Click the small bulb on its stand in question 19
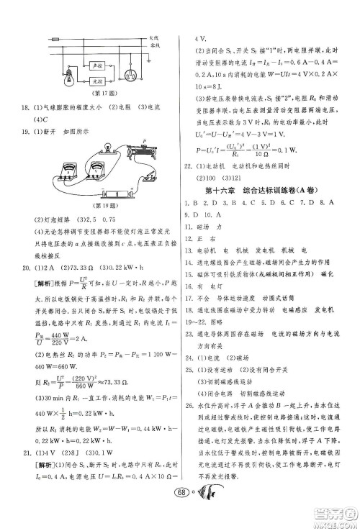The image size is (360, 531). coord(107,147)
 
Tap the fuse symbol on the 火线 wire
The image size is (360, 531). coord(55,38)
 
